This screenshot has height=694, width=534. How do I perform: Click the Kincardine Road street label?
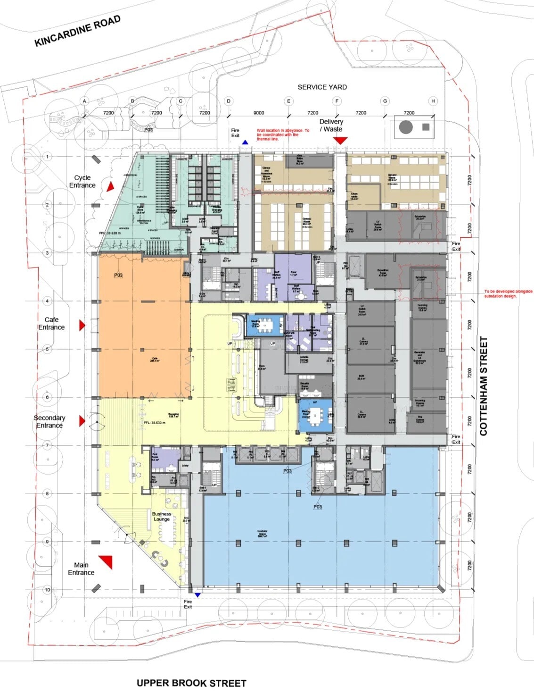78,31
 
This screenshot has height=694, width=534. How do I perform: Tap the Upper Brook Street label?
191,683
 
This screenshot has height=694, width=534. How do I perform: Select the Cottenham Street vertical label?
483,386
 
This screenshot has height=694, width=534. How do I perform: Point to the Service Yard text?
322,87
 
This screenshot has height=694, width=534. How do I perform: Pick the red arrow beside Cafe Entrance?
82,325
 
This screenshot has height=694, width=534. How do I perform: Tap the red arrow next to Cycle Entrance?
110,187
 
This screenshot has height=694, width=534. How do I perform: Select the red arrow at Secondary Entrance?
82,420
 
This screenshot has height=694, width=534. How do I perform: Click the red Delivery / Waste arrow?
340,140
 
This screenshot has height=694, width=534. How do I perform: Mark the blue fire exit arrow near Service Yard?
245,142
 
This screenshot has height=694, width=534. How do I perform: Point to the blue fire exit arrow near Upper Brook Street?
197,595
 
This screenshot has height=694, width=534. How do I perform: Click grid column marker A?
85,101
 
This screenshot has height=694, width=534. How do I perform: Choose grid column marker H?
433,101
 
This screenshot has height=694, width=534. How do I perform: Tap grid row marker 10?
47,590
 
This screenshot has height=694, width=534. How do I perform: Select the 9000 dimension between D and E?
259,113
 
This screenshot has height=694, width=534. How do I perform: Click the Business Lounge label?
162,516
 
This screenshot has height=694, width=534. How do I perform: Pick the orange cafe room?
141,326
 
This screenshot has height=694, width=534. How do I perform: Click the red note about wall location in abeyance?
283,134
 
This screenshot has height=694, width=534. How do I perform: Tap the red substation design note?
508,293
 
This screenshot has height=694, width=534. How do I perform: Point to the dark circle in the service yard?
406,127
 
